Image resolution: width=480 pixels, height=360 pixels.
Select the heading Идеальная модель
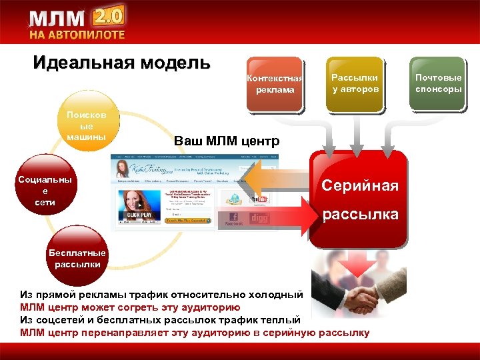122,63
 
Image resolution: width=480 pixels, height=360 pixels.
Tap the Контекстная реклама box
274,84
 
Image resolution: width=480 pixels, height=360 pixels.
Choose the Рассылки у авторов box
355,83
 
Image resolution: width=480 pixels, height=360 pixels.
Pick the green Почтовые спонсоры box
438,83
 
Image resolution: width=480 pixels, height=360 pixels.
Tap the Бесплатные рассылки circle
77,258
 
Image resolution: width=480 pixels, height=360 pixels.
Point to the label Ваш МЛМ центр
227,141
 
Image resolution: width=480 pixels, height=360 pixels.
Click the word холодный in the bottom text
275,295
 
